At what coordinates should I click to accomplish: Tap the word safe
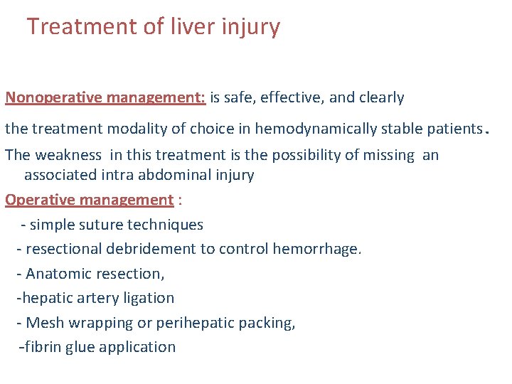pos(241,97)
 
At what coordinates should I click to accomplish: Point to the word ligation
pos(148,298)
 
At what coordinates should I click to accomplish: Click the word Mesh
pos(42,323)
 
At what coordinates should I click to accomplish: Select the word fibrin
pos(43,347)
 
